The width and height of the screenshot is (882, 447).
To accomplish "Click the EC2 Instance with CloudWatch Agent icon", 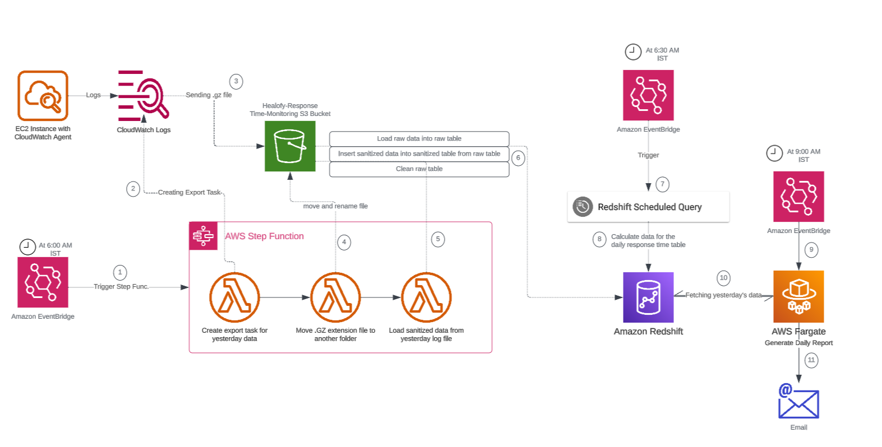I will pyautogui.click(x=43, y=96).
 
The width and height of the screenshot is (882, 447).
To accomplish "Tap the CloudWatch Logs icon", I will pyautogui.click(x=143, y=95).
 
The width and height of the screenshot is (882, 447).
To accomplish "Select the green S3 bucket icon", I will pyautogui.click(x=290, y=146).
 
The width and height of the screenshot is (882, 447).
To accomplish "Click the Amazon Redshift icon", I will pyautogui.click(x=648, y=297).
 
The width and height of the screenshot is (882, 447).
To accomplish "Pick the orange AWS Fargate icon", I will pyautogui.click(x=798, y=296).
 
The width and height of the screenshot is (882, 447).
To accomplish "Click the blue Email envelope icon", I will pyautogui.click(x=798, y=402).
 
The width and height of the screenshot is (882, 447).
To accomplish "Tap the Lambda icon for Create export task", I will pyautogui.click(x=234, y=297).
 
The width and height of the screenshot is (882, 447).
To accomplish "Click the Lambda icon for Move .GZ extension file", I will pyautogui.click(x=335, y=297).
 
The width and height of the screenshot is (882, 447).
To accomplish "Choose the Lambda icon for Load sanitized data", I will pyautogui.click(x=426, y=297).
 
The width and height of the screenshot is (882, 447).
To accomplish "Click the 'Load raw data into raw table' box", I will pyautogui.click(x=419, y=138).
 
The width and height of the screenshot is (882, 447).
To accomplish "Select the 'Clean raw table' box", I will pyautogui.click(x=419, y=169).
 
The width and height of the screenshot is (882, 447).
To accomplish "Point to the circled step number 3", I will pyautogui.click(x=236, y=81).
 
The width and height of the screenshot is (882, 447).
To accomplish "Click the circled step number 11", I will pyautogui.click(x=811, y=360).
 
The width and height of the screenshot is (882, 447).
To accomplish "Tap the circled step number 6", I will pyautogui.click(x=518, y=158).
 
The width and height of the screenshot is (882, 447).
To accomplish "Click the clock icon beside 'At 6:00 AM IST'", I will pyautogui.click(x=27, y=246).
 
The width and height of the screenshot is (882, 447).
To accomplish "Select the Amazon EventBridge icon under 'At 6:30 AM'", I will pyautogui.click(x=648, y=95).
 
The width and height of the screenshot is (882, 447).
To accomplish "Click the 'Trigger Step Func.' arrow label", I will pyautogui.click(x=121, y=287).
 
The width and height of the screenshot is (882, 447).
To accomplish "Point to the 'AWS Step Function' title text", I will pyautogui.click(x=264, y=236).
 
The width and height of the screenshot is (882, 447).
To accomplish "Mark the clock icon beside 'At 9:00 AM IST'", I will pyautogui.click(x=774, y=153).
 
